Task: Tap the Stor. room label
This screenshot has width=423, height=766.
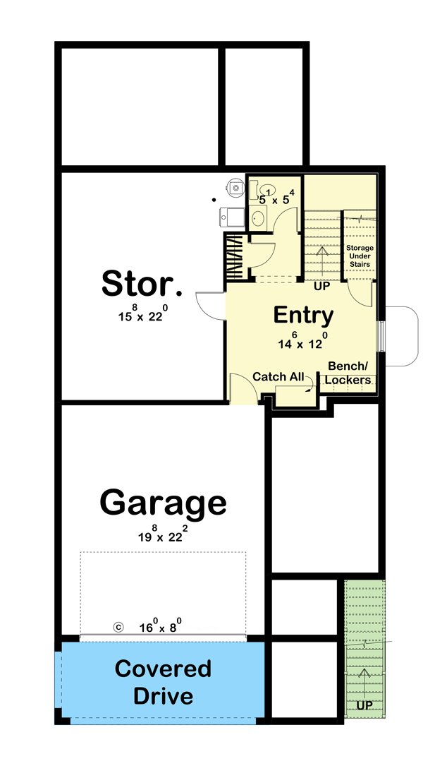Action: (x=142, y=283)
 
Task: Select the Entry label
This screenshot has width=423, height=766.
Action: (x=303, y=314)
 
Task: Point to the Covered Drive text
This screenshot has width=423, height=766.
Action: (x=163, y=682)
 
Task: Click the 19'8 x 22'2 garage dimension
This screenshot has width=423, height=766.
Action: (x=163, y=534)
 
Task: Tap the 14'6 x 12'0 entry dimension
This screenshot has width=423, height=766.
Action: (x=303, y=342)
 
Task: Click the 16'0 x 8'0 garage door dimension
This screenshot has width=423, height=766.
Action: (x=159, y=626)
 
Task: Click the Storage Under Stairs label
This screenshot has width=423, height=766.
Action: (x=360, y=256)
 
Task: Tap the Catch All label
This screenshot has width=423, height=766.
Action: (x=278, y=376)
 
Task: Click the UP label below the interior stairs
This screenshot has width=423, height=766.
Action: (x=321, y=287)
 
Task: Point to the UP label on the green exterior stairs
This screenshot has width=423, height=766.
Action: (x=364, y=705)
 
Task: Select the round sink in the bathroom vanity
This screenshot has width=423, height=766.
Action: (x=258, y=217)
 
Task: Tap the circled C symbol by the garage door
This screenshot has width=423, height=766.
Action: (x=118, y=626)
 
